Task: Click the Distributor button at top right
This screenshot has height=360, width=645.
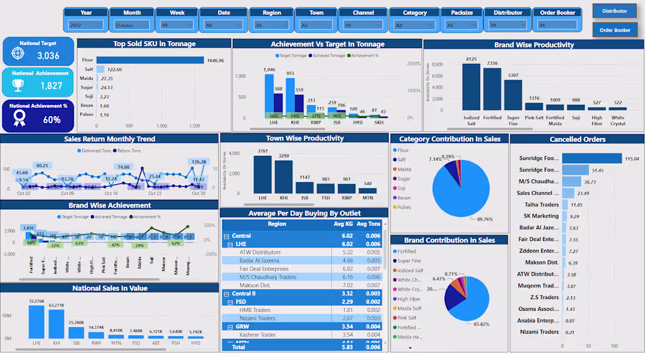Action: [x=614, y=11]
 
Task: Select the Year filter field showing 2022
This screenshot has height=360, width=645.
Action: [x=86, y=25]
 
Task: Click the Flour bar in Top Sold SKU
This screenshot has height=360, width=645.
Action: [x=150, y=60]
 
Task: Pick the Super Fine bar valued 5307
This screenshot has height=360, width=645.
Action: [x=513, y=95]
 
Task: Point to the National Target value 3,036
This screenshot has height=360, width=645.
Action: [x=48, y=56]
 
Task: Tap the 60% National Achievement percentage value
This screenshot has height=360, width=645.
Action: [x=52, y=120]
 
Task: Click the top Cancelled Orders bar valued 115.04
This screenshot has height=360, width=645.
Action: [x=592, y=158]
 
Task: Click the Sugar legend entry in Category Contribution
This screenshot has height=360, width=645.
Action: [x=404, y=178]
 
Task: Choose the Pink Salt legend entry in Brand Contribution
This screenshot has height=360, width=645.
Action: [x=407, y=318]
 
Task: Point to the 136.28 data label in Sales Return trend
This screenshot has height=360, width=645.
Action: [x=198, y=162]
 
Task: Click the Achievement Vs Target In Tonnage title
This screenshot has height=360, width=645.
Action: [x=327, y=44]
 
